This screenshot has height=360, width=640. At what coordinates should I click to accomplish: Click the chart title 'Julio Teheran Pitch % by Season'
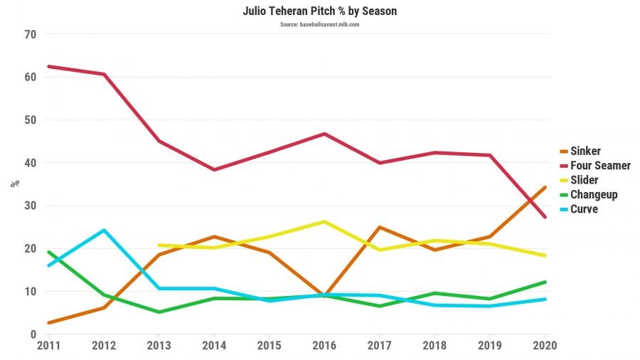(x=319, y=11)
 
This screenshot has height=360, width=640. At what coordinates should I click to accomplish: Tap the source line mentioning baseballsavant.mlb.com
(x=319, y=24)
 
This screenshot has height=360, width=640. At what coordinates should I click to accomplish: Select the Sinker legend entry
(x=586, y=151)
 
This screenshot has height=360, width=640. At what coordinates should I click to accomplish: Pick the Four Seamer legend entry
(x=601, y=165)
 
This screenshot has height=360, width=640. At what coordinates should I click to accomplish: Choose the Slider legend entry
(x=585, y=180)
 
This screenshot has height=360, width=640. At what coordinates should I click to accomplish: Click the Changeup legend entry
(x=594, y=194)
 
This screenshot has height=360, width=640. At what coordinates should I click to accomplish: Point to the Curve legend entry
(x=584, y=209)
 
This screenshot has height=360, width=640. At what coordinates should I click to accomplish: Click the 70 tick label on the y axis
(x=30, y=34)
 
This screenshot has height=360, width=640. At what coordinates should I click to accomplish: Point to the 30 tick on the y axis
(x=30, y=206)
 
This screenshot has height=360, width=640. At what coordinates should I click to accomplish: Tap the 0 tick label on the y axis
(x=33, y=334)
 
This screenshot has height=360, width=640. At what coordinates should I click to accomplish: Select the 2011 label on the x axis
(x=48, y=346)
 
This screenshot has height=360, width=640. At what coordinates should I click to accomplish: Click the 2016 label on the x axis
(x=324, y=346)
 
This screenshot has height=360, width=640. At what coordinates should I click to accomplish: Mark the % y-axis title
(x=14, y=184)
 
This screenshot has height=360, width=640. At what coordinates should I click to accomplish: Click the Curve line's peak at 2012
(x=104, y=231)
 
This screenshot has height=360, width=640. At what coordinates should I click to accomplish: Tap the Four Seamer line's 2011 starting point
(x=48, y=66)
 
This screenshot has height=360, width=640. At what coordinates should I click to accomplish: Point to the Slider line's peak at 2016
(x=324, y=221)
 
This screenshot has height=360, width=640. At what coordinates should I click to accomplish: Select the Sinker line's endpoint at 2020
(x=545, y=187)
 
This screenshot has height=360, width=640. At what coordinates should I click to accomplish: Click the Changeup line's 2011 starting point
(x=48, y=252)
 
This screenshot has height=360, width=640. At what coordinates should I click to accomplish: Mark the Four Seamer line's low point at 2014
(x=214, y=169)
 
